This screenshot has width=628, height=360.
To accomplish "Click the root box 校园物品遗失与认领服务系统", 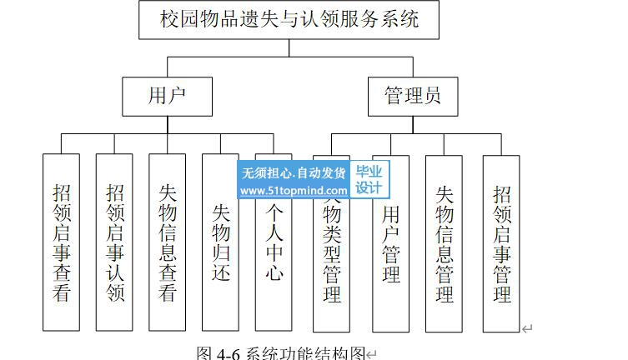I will coord(289,19).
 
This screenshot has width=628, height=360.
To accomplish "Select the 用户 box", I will coord(167,96).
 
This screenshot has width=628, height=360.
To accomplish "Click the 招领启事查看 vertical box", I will coord(62,242).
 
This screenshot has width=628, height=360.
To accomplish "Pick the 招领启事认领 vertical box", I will coord(115,242).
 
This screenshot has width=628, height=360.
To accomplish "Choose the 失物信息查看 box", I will coord(168,242).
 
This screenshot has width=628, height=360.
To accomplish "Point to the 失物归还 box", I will coord(220,242).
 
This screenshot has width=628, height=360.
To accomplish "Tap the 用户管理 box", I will coord(390,242).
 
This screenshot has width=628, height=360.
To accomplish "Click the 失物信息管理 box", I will coord(445,242).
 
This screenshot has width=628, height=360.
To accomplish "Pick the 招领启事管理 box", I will coord(501,242).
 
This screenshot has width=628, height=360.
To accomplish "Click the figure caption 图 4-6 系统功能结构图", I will coord(281,352).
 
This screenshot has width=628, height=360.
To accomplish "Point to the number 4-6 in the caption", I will coord(228,353).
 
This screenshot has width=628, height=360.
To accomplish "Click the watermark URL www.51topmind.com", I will coord(293,191).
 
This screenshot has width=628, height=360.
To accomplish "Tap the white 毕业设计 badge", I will coord(369,180).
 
